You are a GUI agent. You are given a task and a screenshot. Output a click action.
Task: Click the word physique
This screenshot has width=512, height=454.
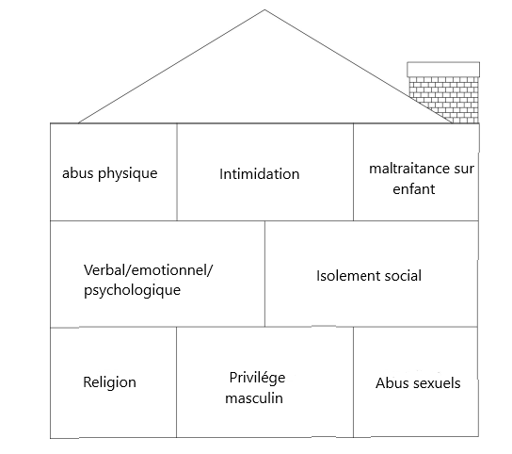tap(128, 173)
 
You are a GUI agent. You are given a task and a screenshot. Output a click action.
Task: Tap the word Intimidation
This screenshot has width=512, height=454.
tap(259, 174)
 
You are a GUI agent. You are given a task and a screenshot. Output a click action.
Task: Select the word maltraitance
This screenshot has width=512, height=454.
tap(406, 169)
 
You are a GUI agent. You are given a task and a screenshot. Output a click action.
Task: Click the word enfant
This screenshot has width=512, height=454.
tap(414, 189)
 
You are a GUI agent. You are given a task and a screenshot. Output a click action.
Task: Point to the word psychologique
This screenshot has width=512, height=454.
tap(132, 290)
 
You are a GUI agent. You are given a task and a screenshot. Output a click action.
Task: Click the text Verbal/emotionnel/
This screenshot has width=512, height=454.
tap(148, 270)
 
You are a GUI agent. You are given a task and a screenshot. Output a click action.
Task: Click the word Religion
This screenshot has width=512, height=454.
tap(109, 382)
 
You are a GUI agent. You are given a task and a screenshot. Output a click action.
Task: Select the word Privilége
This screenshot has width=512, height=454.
tap(257, 378)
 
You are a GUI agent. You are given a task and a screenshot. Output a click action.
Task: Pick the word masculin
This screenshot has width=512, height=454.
tap(254, 398)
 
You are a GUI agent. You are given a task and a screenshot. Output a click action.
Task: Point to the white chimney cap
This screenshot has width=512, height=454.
tap(443, 70)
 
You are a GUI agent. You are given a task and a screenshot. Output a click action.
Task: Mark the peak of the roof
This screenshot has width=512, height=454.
tap(264, 9)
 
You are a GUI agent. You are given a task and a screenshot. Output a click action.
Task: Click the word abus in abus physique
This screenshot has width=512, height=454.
tap(78, 173)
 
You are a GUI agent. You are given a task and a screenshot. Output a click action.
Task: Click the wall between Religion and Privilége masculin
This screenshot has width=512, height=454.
tap(177, 382)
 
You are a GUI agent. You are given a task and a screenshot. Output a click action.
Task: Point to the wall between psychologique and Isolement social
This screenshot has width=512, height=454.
tap(264, 273)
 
